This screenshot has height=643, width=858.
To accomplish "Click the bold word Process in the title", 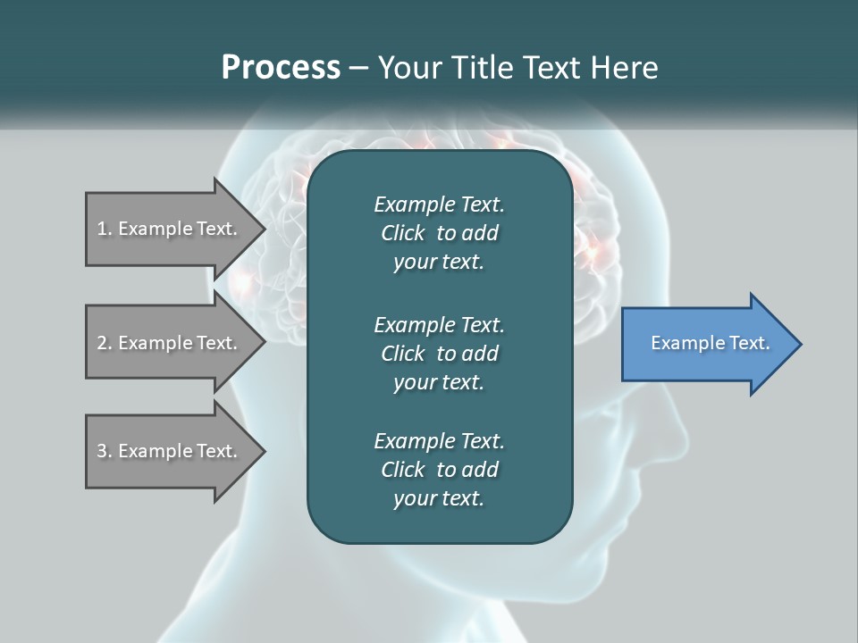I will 281,68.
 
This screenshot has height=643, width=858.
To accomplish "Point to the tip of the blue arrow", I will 800,344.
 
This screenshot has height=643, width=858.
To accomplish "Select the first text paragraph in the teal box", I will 439,233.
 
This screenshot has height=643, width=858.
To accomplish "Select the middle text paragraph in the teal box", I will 439,354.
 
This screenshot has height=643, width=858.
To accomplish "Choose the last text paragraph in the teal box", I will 439,470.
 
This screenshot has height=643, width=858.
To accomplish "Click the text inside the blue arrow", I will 711,343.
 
